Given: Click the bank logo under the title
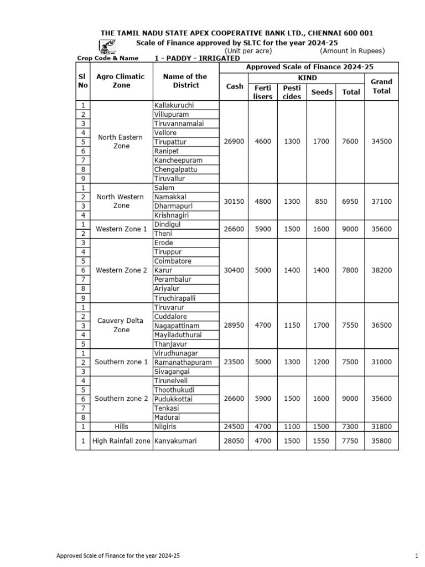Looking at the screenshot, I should click(x=108, y=47).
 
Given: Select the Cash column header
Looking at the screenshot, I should click(x=235, y=86).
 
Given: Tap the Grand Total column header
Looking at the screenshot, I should click(x=381, y=86).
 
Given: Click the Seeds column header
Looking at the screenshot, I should click(x=322, y=92).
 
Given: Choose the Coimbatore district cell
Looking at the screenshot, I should click(x=173, y=261).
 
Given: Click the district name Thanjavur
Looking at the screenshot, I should click(x=171, y=344).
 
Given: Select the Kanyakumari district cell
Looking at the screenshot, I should click(x=175, y=441).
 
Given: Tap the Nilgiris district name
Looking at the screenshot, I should click(x=167, y=426).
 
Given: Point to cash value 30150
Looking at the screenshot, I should click(x=235, y=202).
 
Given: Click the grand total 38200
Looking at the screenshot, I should click(x=381, y=270).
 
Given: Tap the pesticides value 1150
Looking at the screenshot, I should click(x=292, y=326).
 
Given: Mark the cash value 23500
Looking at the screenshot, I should click(x=235, y=362).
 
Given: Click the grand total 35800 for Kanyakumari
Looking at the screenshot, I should click(x=381, y=441).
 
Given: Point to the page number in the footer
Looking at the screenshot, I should click(x=415, y=555).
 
